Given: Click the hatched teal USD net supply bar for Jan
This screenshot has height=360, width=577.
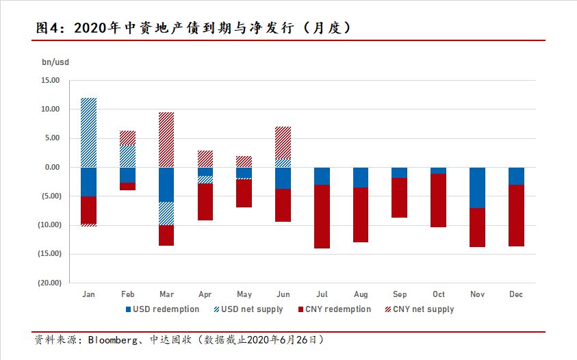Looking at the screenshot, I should click(88, 132).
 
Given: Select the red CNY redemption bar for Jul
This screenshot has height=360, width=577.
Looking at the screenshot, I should click(322, 216).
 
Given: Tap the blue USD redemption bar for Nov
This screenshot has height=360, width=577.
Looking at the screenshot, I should click(478, 188).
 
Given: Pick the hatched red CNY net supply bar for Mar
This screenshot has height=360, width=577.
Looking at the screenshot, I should click(166, 140).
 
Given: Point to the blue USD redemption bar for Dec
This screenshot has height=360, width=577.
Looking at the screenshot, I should click(516, 176).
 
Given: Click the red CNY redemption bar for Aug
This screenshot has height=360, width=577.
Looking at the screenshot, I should click(361, 215).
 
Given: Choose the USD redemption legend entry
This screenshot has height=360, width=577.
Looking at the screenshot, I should click(164, 309).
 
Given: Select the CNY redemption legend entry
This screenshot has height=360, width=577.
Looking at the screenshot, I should click(334, 309).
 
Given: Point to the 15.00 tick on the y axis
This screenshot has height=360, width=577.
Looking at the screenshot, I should click(51, 80).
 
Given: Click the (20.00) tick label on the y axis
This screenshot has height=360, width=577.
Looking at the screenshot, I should click(49, 283).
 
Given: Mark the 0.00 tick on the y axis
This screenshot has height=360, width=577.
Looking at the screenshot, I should click(53, 167).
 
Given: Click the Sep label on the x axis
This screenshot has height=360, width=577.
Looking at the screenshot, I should click(400, 295).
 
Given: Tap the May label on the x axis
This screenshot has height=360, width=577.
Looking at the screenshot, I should click(244, 295).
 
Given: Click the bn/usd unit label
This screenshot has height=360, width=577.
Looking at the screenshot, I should click(55, 62).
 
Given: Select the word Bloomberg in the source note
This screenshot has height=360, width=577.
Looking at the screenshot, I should click(116, 340).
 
